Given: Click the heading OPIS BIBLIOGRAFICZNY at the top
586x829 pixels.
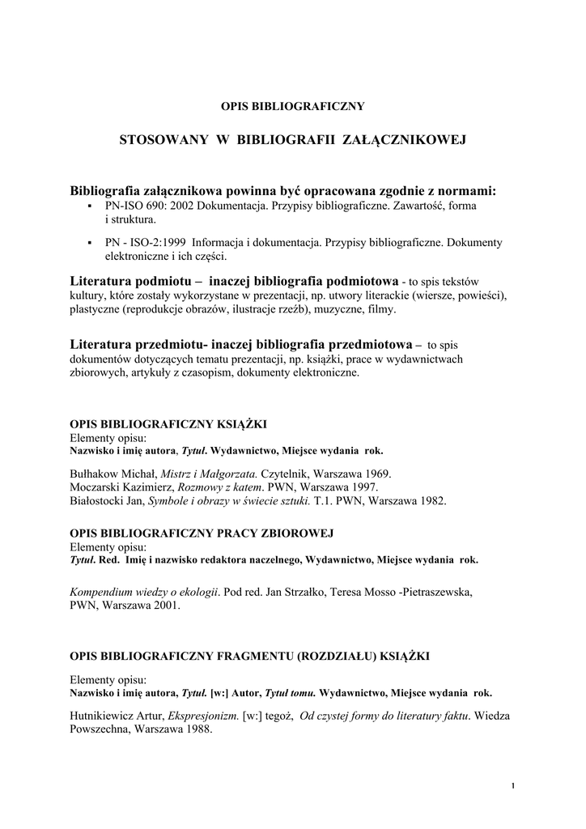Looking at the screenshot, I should click(293, 105).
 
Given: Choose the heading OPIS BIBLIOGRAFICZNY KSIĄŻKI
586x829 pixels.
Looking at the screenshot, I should click(169, 423).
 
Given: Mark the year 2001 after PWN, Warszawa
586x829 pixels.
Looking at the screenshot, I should click(168, 605).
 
